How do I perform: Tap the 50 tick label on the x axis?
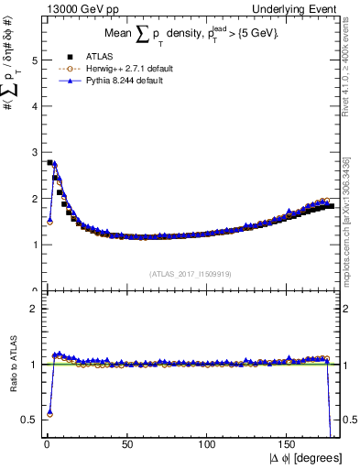[x=127, y=442]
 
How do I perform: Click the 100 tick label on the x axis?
[x=208, y=442]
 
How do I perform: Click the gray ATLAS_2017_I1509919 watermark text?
[x=190, y=272]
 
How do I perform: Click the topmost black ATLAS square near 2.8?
[x=49, y=162]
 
